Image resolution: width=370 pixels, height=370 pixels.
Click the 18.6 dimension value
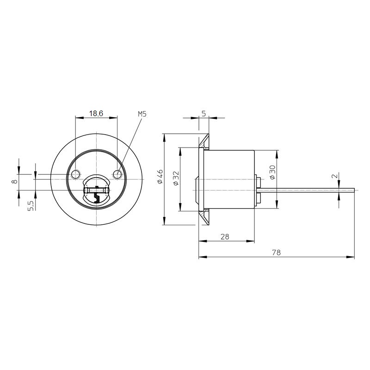pos(96,114)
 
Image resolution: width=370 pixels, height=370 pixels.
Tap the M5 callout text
pos(142,114)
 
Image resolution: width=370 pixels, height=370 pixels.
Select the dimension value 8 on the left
pos(15,181)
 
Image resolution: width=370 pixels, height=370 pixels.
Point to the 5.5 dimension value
pos(31,206)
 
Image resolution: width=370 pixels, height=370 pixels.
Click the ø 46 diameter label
pos(160,177)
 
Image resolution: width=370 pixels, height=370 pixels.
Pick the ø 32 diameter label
pos(176,178)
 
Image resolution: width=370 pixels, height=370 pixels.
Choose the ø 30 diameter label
pos(272,172)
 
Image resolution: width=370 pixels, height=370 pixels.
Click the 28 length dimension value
pos(225,236)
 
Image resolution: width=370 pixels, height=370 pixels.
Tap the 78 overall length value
pos(276,253)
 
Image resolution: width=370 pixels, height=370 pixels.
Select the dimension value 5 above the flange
pos(204,113)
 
